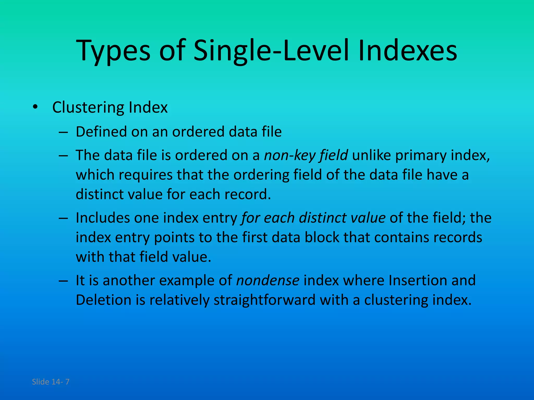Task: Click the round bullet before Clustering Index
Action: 35,107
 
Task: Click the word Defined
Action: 101,132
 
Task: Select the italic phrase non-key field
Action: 306,155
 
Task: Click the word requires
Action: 146,175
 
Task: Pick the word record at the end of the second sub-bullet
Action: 247,194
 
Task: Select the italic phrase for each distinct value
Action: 313,218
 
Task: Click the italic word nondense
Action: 268,280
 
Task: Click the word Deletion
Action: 103,300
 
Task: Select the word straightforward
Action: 265,300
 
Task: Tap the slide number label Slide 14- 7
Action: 51,382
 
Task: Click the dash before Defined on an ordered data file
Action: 63,132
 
